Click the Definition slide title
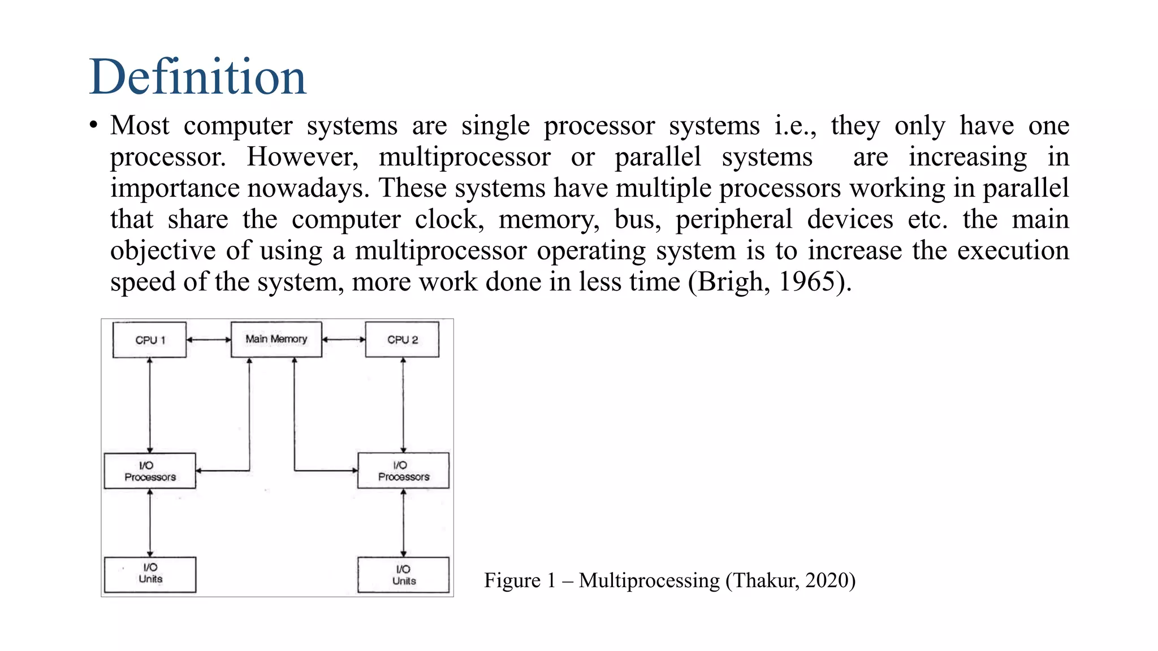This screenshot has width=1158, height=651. [x=197, y=77]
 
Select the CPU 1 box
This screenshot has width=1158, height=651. [x=149, y=340]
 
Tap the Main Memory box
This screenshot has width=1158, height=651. [x=276, y=339]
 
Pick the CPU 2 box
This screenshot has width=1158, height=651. [x=402, y=340]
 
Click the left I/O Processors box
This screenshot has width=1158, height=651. [x=150, y=471]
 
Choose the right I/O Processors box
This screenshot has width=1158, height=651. [x=403, y=471]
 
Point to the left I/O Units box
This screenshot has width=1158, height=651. [x=150, y=574]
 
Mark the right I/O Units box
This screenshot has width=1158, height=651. [x=403, y=575]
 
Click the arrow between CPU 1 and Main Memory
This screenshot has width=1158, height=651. [x=209, y=340]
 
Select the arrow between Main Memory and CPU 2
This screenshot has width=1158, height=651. [x=344, y=340]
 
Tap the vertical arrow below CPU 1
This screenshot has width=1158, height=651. [x=150, y=405]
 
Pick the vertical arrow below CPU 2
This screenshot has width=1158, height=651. [x=403, y=405]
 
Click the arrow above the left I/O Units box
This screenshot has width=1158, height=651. [x=150, y=523]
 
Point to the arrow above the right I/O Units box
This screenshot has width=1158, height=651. [x=403, y=523]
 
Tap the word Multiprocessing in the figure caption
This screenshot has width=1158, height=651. [x=649, y=580]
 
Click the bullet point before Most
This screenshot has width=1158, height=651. [x=94, y=125]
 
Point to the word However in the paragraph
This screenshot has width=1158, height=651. [x=303, y=157]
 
